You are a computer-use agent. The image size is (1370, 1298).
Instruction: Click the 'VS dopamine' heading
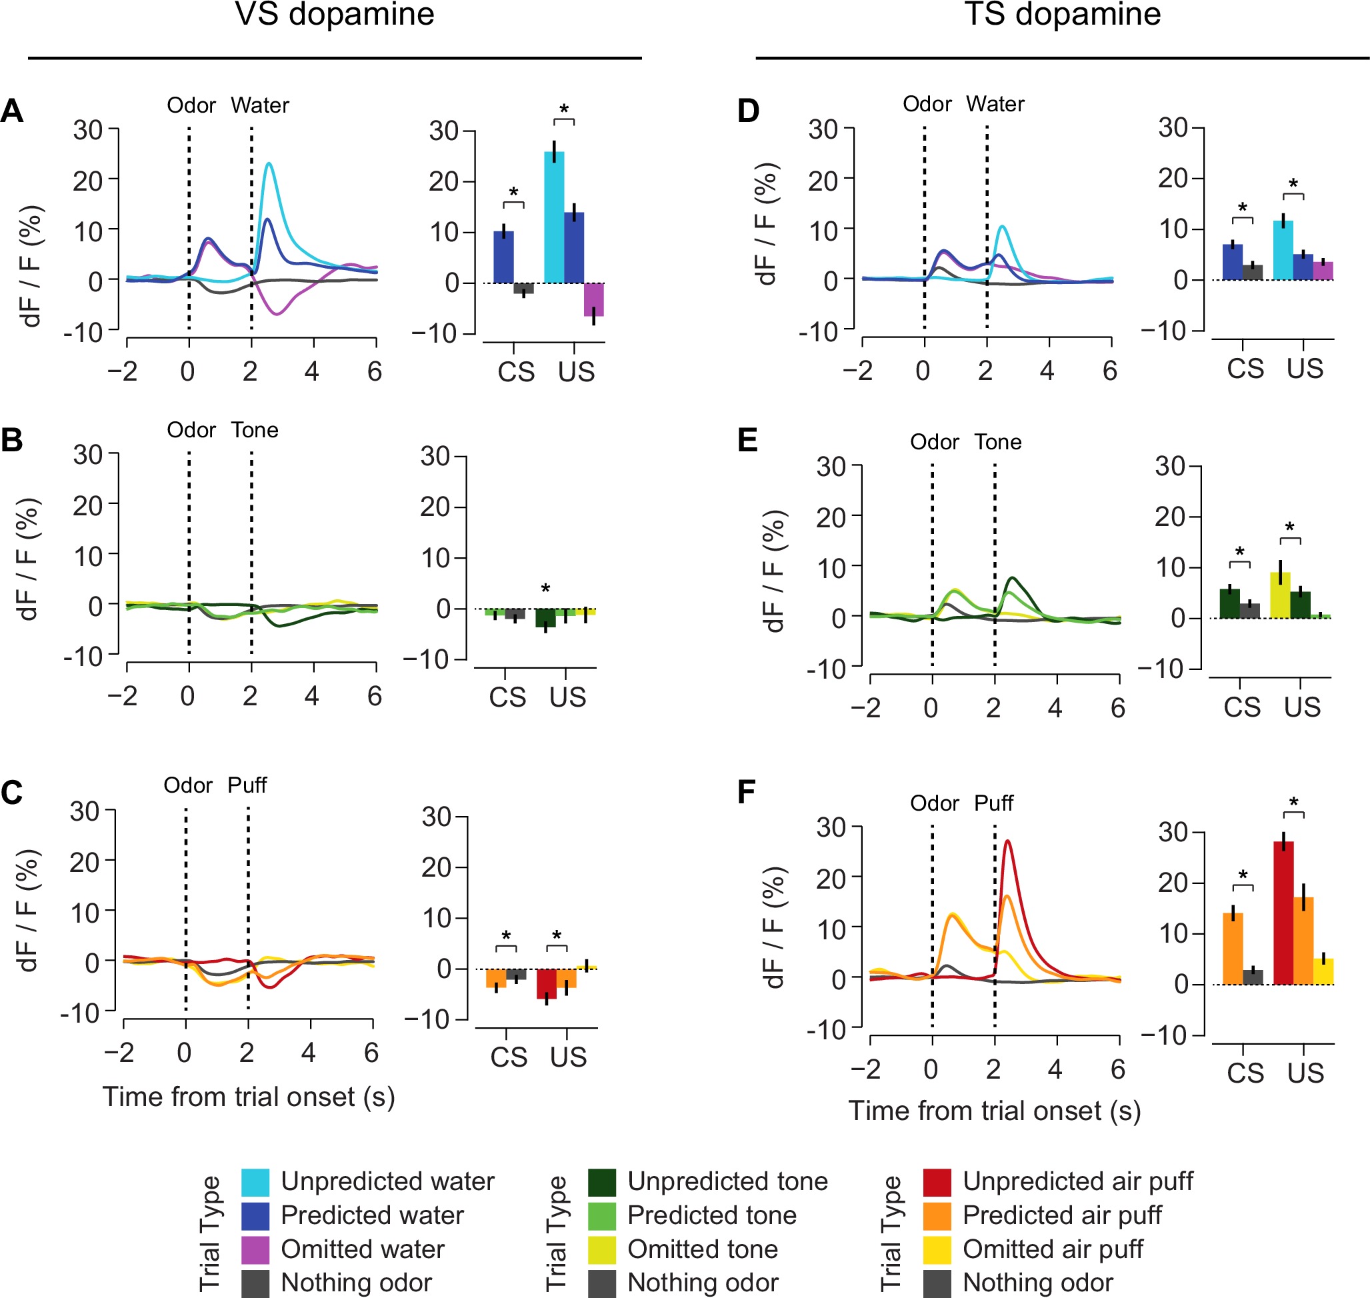coord(334,15)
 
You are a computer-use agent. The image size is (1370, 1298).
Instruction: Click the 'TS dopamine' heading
coord(1062,15)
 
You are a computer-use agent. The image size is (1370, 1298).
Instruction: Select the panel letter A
coord(12,111)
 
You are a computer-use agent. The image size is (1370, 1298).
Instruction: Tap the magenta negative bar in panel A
coord(593,299)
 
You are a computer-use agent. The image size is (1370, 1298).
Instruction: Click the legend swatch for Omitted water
coord(255,1249)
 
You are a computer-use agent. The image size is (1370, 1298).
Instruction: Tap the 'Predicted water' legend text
coord(371,1215)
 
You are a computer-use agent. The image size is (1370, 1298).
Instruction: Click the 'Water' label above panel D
coord(994,104)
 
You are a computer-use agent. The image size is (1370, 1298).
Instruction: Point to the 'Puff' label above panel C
coord(247,785)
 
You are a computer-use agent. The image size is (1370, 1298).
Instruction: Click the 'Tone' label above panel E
coord(998,442)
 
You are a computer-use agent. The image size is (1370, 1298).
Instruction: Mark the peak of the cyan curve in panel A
coord(269,163)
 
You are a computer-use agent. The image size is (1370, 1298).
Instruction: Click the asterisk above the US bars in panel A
coord(564,110)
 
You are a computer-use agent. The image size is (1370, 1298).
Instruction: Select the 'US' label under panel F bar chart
coord(1305,1073)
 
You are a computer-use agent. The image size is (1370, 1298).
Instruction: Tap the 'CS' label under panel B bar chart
coord(507,697)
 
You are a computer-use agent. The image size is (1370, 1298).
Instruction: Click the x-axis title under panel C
coord(249,1097)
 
